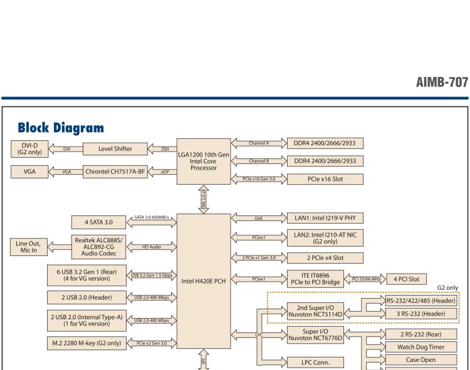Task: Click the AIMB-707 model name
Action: (x=442, y=82)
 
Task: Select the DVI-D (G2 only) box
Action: (x=29, y=149)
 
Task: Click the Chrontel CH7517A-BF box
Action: (x=119, y=170)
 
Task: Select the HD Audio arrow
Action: (x=151, y=247)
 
